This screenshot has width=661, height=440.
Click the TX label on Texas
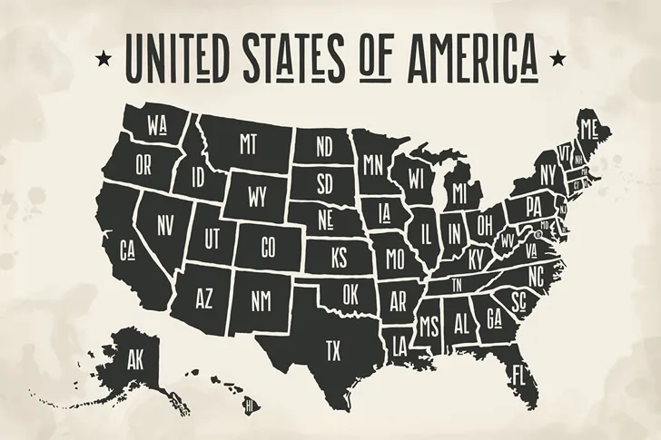[x=333, y=349]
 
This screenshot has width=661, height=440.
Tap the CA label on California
[x=127, y=249]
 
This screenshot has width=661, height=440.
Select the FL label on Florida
[x=520, y=374]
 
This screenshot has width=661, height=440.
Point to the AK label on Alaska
[x=139, y=356]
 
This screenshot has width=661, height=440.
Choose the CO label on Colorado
[x=268, y=246]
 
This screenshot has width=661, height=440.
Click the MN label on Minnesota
[x=372, y=165]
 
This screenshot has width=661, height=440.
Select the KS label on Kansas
[x=339, y=259]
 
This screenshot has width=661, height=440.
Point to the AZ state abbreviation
[x=204, y=298]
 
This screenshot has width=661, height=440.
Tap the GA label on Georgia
[x=495, y=319]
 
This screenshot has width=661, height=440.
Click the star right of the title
[x=555, y=59]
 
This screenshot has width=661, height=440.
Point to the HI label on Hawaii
[x=247, y=407]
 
